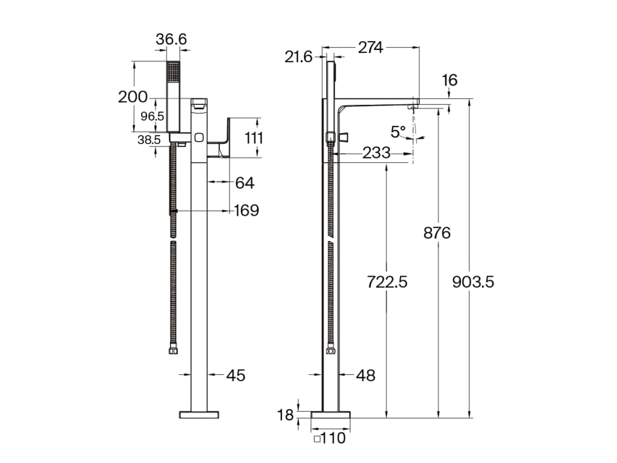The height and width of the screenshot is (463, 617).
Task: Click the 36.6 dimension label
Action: (x=171, y=39)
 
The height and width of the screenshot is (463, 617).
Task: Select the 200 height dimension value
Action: (x=133, y=97)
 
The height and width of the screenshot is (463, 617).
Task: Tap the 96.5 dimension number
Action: (x=152, y=116)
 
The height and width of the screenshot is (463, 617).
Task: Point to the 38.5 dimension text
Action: (x=149, y=140)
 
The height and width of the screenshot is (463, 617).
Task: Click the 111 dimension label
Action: (x=254, y=139)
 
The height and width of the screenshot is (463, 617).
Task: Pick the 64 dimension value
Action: (x=245, y=183)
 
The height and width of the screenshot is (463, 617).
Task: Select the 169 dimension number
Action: (x=246, y=210)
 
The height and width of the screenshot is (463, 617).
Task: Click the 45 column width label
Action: (x=236, y=375)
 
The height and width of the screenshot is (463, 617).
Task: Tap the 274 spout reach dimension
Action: (x=371, y=48)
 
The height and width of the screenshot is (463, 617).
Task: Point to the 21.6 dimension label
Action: (x=298, y=57)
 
